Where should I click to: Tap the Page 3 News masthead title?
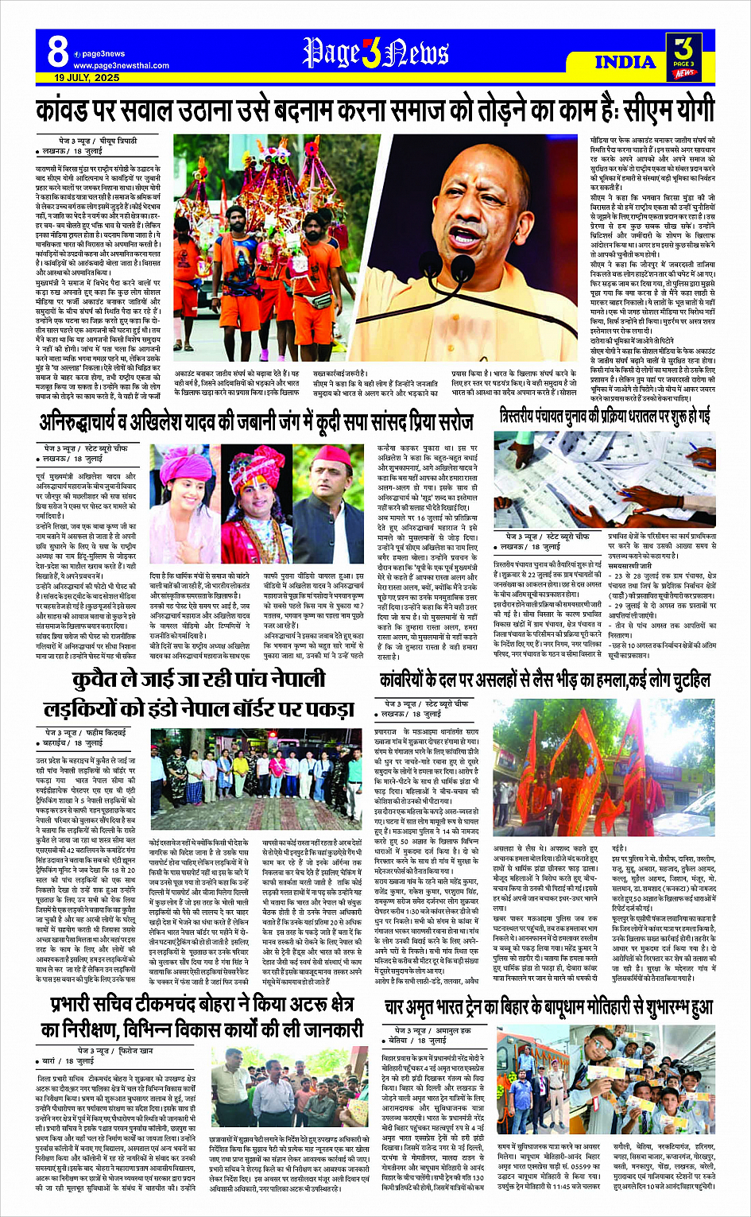pyautogui.click(x=375, y=53)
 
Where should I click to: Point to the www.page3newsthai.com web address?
pyautogui.click(x=121, y=66)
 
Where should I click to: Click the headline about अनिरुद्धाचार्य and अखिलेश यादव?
pyautogui.click(x=256, y=421)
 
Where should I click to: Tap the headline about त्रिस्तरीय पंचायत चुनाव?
pyautogui.click(x=605, y=416)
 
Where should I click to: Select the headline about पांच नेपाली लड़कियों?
pyautogui.click(x=197, y=692)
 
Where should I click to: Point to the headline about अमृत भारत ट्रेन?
pyautogui.click(x=548, y=1007)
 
